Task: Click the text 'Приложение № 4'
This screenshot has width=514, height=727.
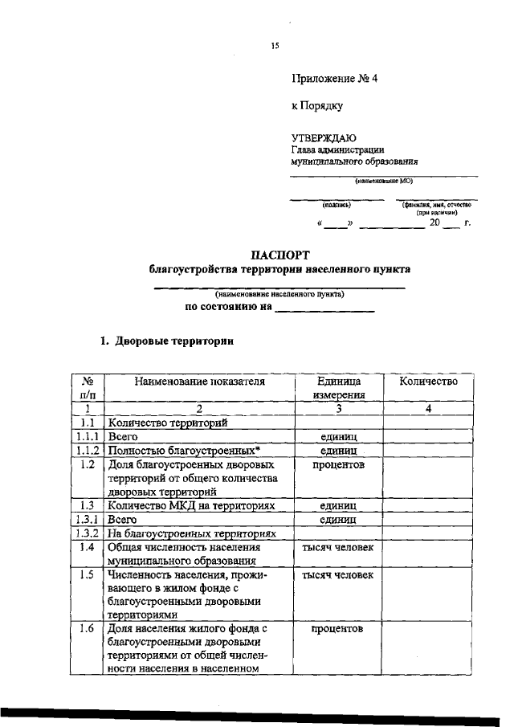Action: tap(333, 79)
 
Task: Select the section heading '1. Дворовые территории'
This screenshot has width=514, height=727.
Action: tap(166, 341)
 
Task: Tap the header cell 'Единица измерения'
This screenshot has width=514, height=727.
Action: tap(339, 388)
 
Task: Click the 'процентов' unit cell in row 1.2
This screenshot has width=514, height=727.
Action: tap(339, 464)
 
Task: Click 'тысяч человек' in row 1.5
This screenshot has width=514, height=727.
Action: tap(339, 575)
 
